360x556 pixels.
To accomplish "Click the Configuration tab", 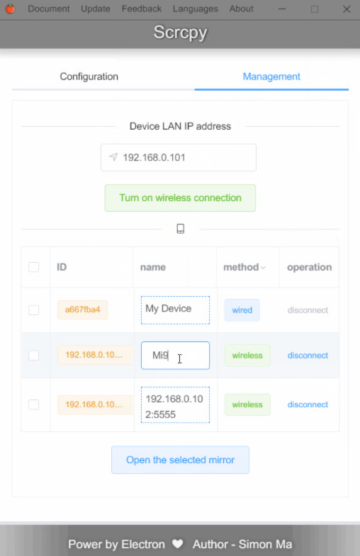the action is [x=89, y=76].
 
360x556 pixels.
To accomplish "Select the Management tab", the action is [x=271, y=76].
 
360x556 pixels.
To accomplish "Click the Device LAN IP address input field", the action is [x=179, y=157].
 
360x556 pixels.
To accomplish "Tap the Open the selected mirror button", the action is [x=180, y=460].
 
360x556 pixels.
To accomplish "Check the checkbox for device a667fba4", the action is [x=34, y=310].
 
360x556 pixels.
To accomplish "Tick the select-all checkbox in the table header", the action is [x=34, y=267].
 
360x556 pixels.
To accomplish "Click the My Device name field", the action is [x=175, y=310].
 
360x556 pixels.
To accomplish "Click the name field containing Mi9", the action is [x=175, y=356].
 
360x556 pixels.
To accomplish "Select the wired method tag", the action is [x=242, y=310].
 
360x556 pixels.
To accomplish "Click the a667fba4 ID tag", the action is [x=83, y=310].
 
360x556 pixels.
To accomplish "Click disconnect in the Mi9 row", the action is [x=308, y=356].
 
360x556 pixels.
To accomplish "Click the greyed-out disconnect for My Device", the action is [x=308, y=310].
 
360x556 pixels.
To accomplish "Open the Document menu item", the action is [x=49, y=9].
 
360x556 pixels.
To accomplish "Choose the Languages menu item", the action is [x=195, y=9].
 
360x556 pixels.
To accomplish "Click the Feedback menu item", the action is [x=142, y=9].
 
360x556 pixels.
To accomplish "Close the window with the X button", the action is [x=347, y=9].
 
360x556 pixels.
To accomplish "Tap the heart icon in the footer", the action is [x=178, y=543].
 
